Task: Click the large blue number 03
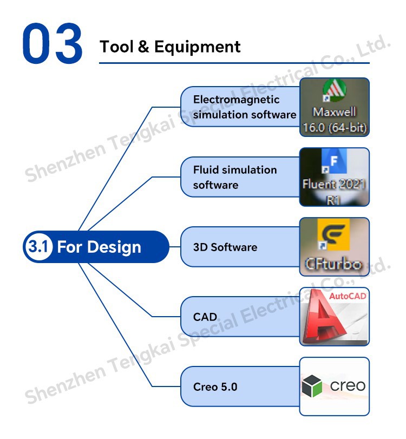pos(53,43)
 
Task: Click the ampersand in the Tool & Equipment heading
pos(143,47)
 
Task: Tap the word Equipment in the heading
pos(198,47)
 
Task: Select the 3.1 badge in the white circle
pos(39,247)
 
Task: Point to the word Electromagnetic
pos(237,100)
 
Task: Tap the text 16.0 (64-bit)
pos(335,128)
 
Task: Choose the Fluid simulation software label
pos(235,177)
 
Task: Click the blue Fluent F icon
pos(335,161)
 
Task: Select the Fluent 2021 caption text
pos(334,184)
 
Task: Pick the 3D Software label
pos(225,247)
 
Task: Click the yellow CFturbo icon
pos(333,234)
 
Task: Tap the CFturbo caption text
pos(333,264)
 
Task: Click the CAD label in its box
pos(205,317)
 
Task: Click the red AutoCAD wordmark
pos(348,296)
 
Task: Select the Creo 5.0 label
pos(215,387)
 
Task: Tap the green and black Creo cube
pos(312,386)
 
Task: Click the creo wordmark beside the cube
pos(348,386)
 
